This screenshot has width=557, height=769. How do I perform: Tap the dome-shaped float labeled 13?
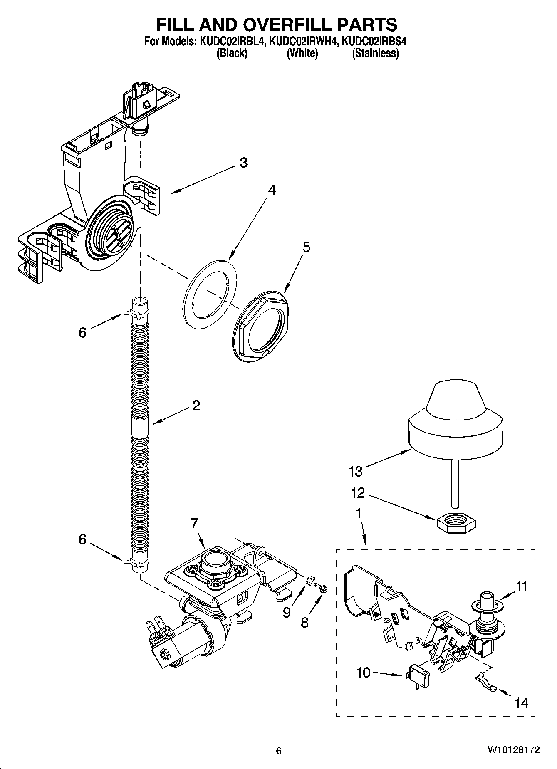[456, 420]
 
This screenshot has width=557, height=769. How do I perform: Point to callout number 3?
[243, 163]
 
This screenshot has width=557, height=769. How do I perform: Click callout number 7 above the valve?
[194, 523]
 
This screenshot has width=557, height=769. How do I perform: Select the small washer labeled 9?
[310, 580]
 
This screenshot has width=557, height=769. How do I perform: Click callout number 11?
[521, 587]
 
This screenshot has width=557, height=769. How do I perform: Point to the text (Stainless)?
[376, 54]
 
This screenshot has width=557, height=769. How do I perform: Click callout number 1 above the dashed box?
[358, 514]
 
